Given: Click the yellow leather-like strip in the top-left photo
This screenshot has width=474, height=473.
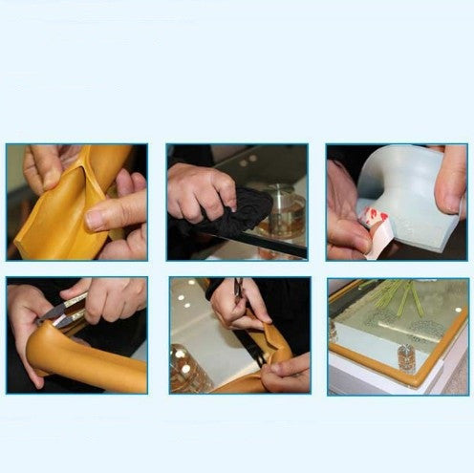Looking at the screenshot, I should click(x=57, y=225).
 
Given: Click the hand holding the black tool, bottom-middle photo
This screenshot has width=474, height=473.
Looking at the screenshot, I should click(x=234, y=301).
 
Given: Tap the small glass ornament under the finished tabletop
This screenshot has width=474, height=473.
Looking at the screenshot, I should click(x=405, y=355).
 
